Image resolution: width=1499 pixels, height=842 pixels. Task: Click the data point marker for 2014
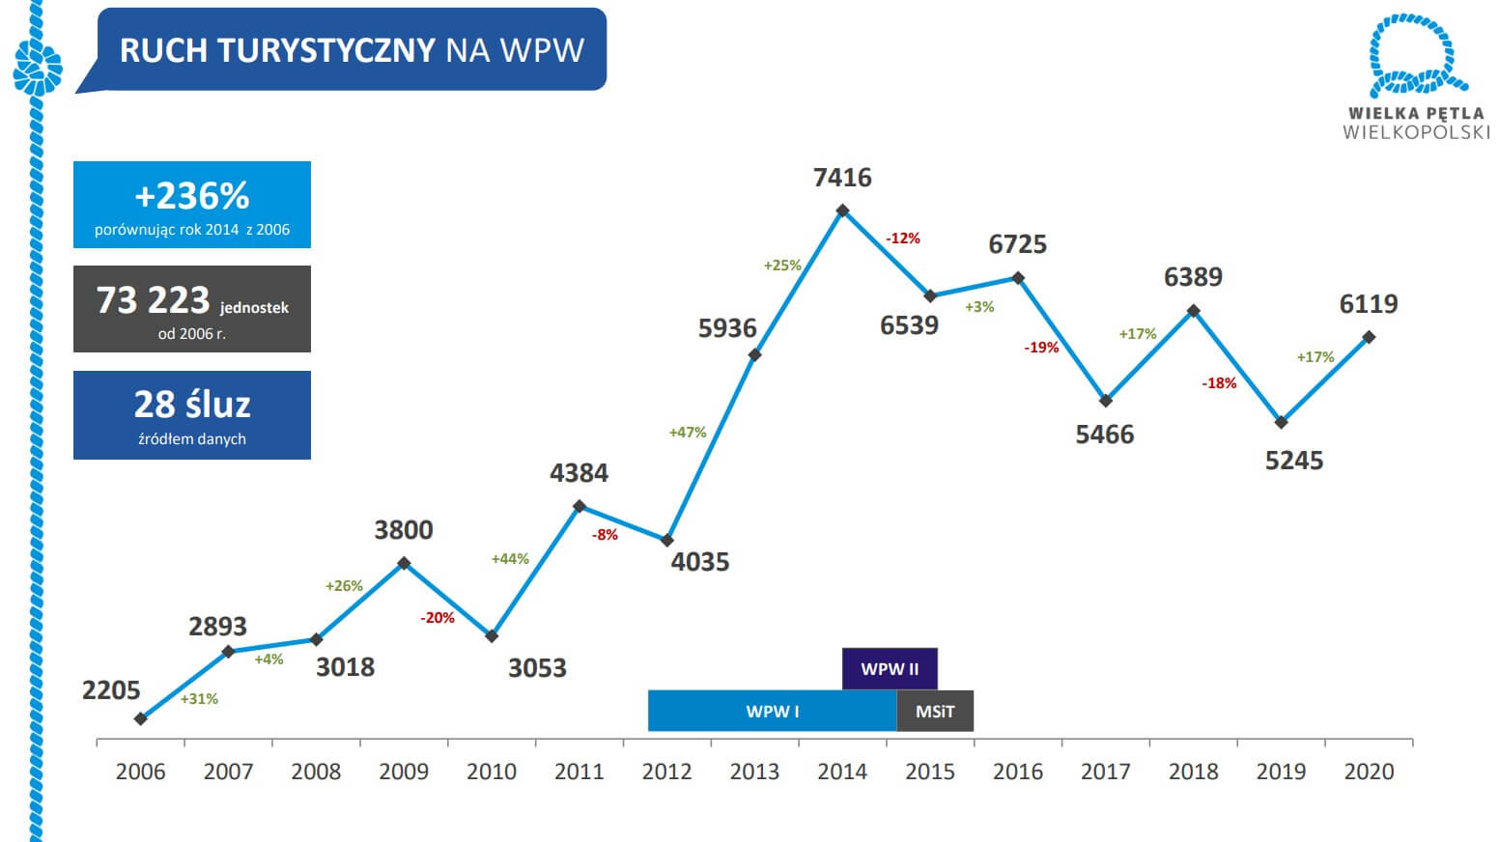point(842,210)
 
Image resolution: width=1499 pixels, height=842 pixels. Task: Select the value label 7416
point(842,178)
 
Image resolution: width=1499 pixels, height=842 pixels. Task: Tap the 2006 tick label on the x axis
point(140,772)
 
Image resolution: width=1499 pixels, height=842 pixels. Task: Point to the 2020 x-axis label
point(1369,772)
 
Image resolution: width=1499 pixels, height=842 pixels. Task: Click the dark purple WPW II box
point(890,669)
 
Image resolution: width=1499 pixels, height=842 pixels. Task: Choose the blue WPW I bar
point(772,712)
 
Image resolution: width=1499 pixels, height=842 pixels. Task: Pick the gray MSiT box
point(935,712)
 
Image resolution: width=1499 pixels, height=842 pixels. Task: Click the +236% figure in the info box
point(192,196)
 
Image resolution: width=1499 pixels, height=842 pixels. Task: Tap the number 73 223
point(153,300)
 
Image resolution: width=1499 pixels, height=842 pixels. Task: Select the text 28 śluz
point(192,405)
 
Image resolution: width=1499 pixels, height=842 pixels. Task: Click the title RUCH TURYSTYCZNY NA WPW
point(352,50)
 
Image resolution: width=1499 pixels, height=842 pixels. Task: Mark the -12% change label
point(903,239)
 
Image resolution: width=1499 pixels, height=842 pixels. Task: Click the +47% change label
point(688,433)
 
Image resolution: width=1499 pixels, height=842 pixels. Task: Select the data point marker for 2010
point(492,636)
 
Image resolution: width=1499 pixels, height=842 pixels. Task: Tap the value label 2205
point(111,690)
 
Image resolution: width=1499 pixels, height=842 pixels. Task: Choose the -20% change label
point(438,618)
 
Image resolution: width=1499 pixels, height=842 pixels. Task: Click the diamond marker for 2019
point(1282,423)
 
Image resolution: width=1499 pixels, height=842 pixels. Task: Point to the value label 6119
point(1369,304)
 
